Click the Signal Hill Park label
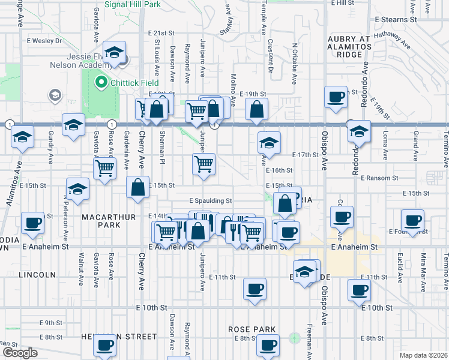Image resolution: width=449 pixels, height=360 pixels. point(132,4)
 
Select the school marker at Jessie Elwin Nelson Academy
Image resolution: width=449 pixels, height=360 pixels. point(113,53)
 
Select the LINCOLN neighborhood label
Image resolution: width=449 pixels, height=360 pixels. point(37,275)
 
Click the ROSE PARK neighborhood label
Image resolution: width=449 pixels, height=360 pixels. point(252,329)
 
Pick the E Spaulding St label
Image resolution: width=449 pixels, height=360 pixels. point(210,201)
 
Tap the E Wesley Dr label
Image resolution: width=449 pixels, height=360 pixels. point(44,41)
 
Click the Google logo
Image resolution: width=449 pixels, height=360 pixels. point(20,353)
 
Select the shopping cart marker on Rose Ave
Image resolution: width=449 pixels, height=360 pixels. point(105,167)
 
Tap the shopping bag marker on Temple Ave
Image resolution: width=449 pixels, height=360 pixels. point(256,110)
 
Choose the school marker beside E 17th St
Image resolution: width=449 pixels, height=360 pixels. point(269,142)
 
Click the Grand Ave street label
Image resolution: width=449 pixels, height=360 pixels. point(414,144)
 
